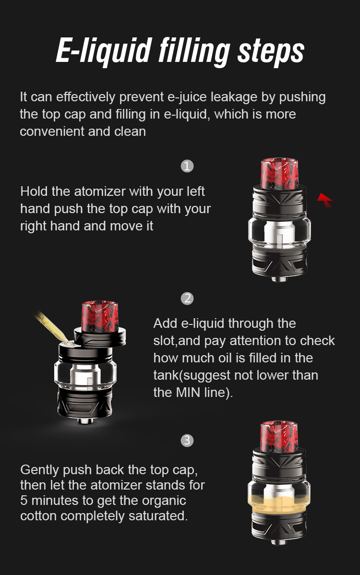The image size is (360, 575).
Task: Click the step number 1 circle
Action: point(187,166)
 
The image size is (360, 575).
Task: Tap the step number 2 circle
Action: point(187,299)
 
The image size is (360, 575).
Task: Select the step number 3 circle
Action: point(187,440)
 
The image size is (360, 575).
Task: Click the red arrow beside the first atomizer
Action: point(325,200)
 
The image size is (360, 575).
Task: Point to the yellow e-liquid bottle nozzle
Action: point(51,325)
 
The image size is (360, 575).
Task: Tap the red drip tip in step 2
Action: point(99,316)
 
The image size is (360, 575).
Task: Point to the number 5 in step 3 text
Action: point(24,501)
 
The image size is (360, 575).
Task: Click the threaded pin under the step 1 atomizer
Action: point(279,279)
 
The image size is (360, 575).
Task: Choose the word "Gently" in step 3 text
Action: point(39,470)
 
